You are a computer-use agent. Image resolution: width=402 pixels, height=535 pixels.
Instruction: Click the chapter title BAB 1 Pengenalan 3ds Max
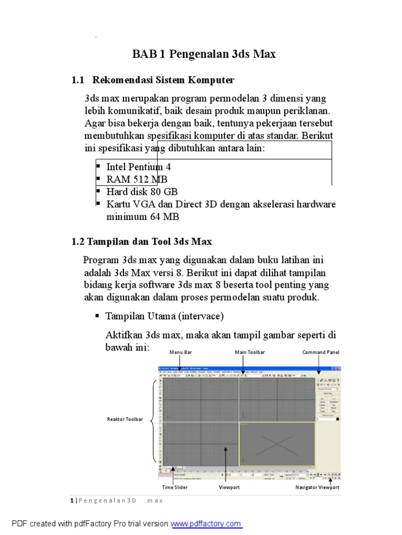pos(204,54)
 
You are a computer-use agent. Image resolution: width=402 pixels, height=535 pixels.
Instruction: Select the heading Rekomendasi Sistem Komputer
pos(163,80)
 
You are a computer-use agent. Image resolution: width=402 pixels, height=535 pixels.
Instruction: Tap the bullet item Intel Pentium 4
pos(138,167)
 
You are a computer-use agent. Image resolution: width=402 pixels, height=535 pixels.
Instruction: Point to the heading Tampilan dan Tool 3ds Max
pos(141,241)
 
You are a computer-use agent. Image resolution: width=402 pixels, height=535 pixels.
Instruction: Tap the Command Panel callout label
pos(320,352)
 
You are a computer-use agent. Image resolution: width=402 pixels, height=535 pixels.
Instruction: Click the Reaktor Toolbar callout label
pos(125,420)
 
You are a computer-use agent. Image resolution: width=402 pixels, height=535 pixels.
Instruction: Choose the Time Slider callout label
pos(174,487)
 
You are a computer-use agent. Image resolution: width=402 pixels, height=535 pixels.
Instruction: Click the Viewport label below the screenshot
pos(228,487)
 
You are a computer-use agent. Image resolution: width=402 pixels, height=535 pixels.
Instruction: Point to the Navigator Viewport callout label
pos(317,487)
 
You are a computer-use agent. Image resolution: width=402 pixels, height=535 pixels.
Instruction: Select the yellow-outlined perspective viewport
pos(277,444)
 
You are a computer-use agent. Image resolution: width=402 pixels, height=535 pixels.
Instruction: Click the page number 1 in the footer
pos(72,501)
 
